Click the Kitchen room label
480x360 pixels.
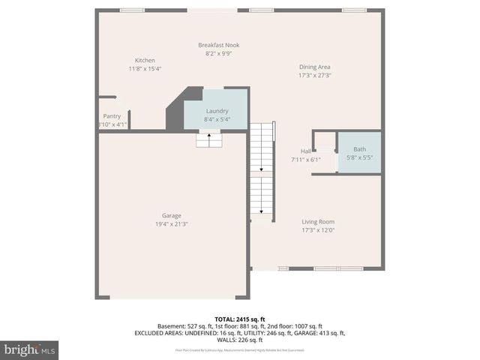(x=145, y=60)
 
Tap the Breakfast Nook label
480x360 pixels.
(x=218, y=45)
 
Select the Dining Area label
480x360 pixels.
(x=314, y=66)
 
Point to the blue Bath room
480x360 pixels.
(x=359, y=153)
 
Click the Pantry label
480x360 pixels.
(x=112, y=116)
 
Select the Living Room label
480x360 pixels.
(x=318, y=222)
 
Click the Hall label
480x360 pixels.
(x=306, y=151)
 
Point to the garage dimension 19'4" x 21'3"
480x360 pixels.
(x=171, y=223)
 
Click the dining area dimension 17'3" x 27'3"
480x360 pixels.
(x=314, y=75)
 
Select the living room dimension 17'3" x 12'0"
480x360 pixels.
(x=318, y=231)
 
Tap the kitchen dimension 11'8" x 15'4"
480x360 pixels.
(x=145, y=68)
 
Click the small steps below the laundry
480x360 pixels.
(x=208, y=139)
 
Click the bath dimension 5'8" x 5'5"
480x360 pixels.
(x=359, y=157)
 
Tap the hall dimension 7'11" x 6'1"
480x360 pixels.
(x=306, y=159)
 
